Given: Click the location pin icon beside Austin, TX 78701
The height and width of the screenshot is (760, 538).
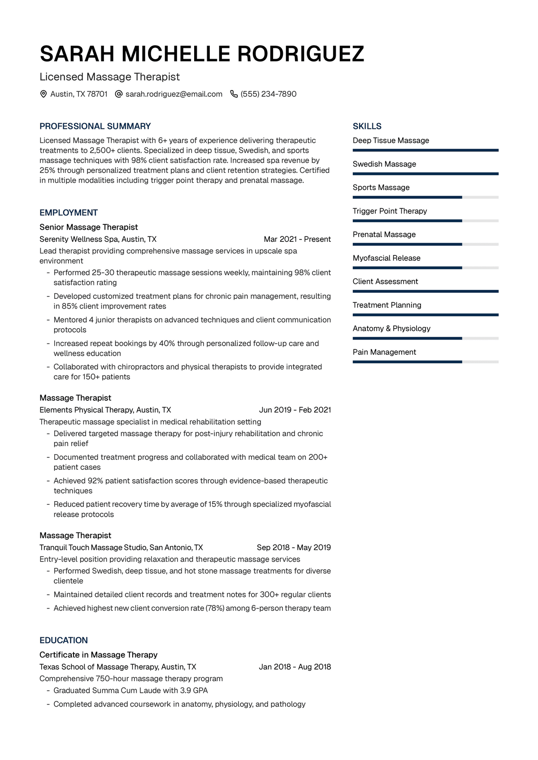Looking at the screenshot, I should coord(43,94).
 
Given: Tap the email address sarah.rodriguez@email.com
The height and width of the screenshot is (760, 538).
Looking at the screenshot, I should coord(174,94).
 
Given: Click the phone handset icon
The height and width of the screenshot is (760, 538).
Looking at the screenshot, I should coord(234,94).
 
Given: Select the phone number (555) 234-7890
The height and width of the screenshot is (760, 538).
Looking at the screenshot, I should coord(268,94).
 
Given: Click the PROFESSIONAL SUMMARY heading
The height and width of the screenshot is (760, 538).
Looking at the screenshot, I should coord(95,126).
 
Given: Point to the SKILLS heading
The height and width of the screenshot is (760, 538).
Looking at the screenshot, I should coord(367,126).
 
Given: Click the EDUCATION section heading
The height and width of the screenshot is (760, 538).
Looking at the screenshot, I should coord(64,640).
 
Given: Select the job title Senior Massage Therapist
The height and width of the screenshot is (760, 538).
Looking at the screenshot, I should coord(89,227).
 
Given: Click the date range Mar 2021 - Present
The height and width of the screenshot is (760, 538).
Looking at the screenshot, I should coord(297,239).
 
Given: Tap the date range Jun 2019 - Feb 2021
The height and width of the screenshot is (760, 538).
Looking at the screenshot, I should coord(295,410).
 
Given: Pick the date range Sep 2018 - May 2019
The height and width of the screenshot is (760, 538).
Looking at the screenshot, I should coord(294,547).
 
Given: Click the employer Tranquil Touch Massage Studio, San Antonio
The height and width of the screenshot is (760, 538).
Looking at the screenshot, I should coord(121,547).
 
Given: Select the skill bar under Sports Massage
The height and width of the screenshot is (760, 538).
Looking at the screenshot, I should coord(425,197).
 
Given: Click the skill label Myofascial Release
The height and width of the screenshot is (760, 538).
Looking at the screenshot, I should coord(386,258).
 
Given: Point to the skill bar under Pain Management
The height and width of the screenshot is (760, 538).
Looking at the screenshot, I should coord(425,362).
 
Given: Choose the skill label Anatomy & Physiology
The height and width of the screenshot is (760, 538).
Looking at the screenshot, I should coord(391,328).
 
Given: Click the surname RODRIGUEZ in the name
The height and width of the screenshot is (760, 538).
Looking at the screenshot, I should coord(300,54).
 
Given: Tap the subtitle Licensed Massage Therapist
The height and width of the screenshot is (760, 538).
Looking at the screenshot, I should coord(109,77).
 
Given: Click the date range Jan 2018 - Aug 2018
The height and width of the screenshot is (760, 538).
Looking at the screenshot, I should coord(295,667).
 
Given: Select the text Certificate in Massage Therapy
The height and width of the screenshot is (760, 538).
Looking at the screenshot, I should coord(99,655).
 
